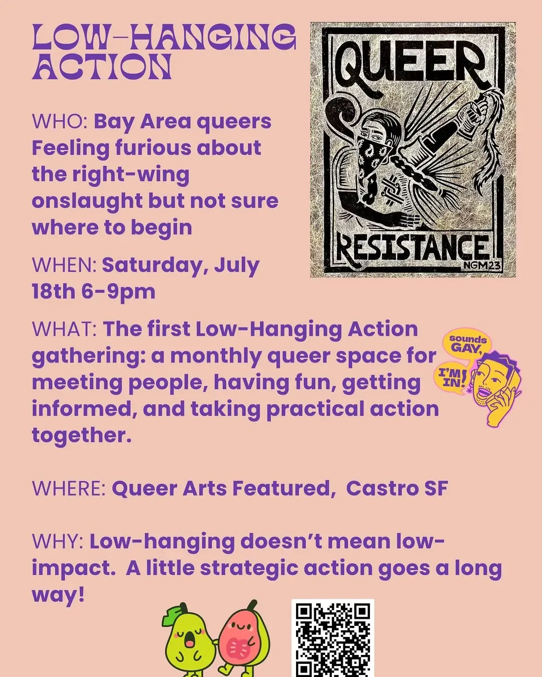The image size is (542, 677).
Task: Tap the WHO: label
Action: click(60, 121)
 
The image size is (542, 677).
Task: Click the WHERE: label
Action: click(69, 488)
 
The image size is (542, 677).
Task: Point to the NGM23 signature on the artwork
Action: click(482, 266)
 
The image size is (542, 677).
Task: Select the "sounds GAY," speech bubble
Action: click(468, 344)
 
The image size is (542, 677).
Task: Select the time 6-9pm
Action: click(118, 292)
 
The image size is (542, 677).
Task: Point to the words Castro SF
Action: click(397, 488)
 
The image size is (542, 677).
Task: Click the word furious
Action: click(153, 148)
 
